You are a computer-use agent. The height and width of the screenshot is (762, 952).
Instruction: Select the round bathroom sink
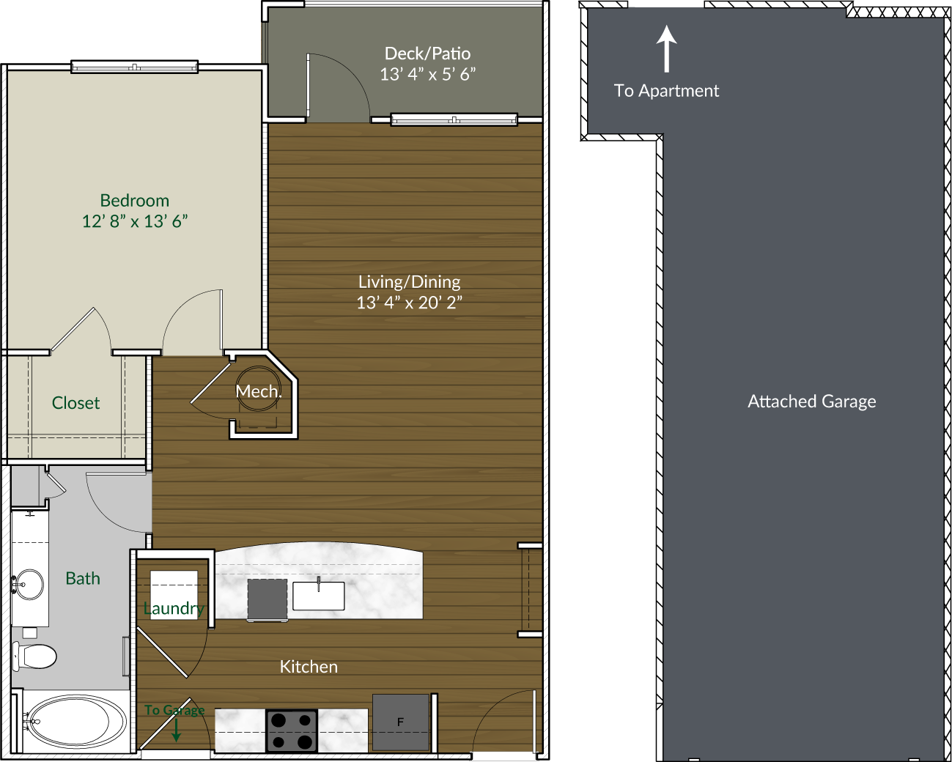pyautogui.click(x=29, y=585)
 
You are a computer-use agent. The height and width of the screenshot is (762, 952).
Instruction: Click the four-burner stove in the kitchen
pyautogui.click(x=291, y=730)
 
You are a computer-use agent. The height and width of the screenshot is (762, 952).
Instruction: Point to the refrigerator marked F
pyautogui.click(x=400, y=722)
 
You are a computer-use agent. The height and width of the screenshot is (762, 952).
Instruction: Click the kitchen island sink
pyautogui.click(x=318, y=596)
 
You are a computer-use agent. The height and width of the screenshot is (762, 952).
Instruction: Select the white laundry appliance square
pyautogui.click(x=174, y=594)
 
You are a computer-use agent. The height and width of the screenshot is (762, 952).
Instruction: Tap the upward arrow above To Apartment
pyautogui.click(x=666, y=48)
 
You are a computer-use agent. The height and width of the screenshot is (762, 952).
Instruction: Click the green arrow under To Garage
pyautogui.click(x=176, y=730)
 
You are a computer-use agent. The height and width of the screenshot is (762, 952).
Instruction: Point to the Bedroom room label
pyautogui.click(x=134, y=201)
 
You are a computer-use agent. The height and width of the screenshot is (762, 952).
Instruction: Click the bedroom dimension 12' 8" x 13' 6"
pyautogui.click(x=134, y=221)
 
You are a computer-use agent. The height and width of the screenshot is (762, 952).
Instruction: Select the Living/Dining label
pyautogui.click(x=409, y=282)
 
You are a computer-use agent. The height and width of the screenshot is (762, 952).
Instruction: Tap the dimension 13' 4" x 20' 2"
pyautogui.click(x=409, y=303)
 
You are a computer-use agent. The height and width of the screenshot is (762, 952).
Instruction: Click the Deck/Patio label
pyautogui.click(x=427, y=53)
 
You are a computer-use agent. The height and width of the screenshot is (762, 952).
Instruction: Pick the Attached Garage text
pyautogui.click(x=811, y=402)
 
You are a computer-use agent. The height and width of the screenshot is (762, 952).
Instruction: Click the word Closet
pyautogui.click(x=75, y=403)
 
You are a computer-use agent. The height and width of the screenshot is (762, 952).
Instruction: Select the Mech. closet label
pyautogui.click(x=258, y=391)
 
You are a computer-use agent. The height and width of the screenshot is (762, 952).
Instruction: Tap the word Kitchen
pyautogui.click(x=309, y=667)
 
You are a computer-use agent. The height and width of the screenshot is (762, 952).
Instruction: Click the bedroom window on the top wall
pyautogui.click(x=134, y=68)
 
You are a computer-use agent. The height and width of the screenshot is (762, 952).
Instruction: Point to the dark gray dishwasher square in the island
pyautogui.click(x=267, y=599)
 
